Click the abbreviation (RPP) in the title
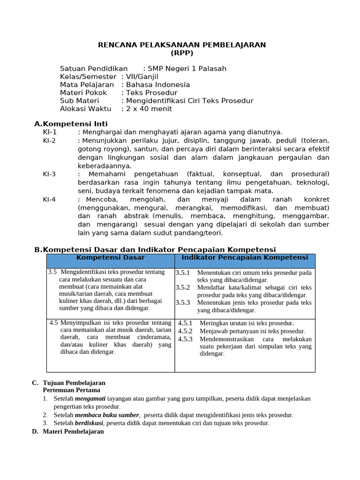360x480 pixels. click(182, 53)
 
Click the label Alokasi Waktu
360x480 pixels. click(86, 109)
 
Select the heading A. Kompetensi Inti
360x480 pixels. click(71, 124)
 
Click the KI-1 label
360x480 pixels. click(50, 132)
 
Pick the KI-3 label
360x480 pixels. click(50, 174)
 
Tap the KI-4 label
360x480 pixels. click(50, 200)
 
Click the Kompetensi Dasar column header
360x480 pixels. click(111, 258)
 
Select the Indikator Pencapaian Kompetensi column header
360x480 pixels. click(245, 258)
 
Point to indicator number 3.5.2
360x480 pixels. click(183, 287)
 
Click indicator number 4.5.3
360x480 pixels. click(185, 339)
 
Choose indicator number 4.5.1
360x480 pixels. click(185, 323)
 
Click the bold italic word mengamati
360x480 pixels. click(90, 399)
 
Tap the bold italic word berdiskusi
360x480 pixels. click(89, 423)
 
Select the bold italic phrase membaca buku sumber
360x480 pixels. click(107, 415)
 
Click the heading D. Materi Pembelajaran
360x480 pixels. click(68, 432)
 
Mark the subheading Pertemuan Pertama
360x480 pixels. click(71, 390)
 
